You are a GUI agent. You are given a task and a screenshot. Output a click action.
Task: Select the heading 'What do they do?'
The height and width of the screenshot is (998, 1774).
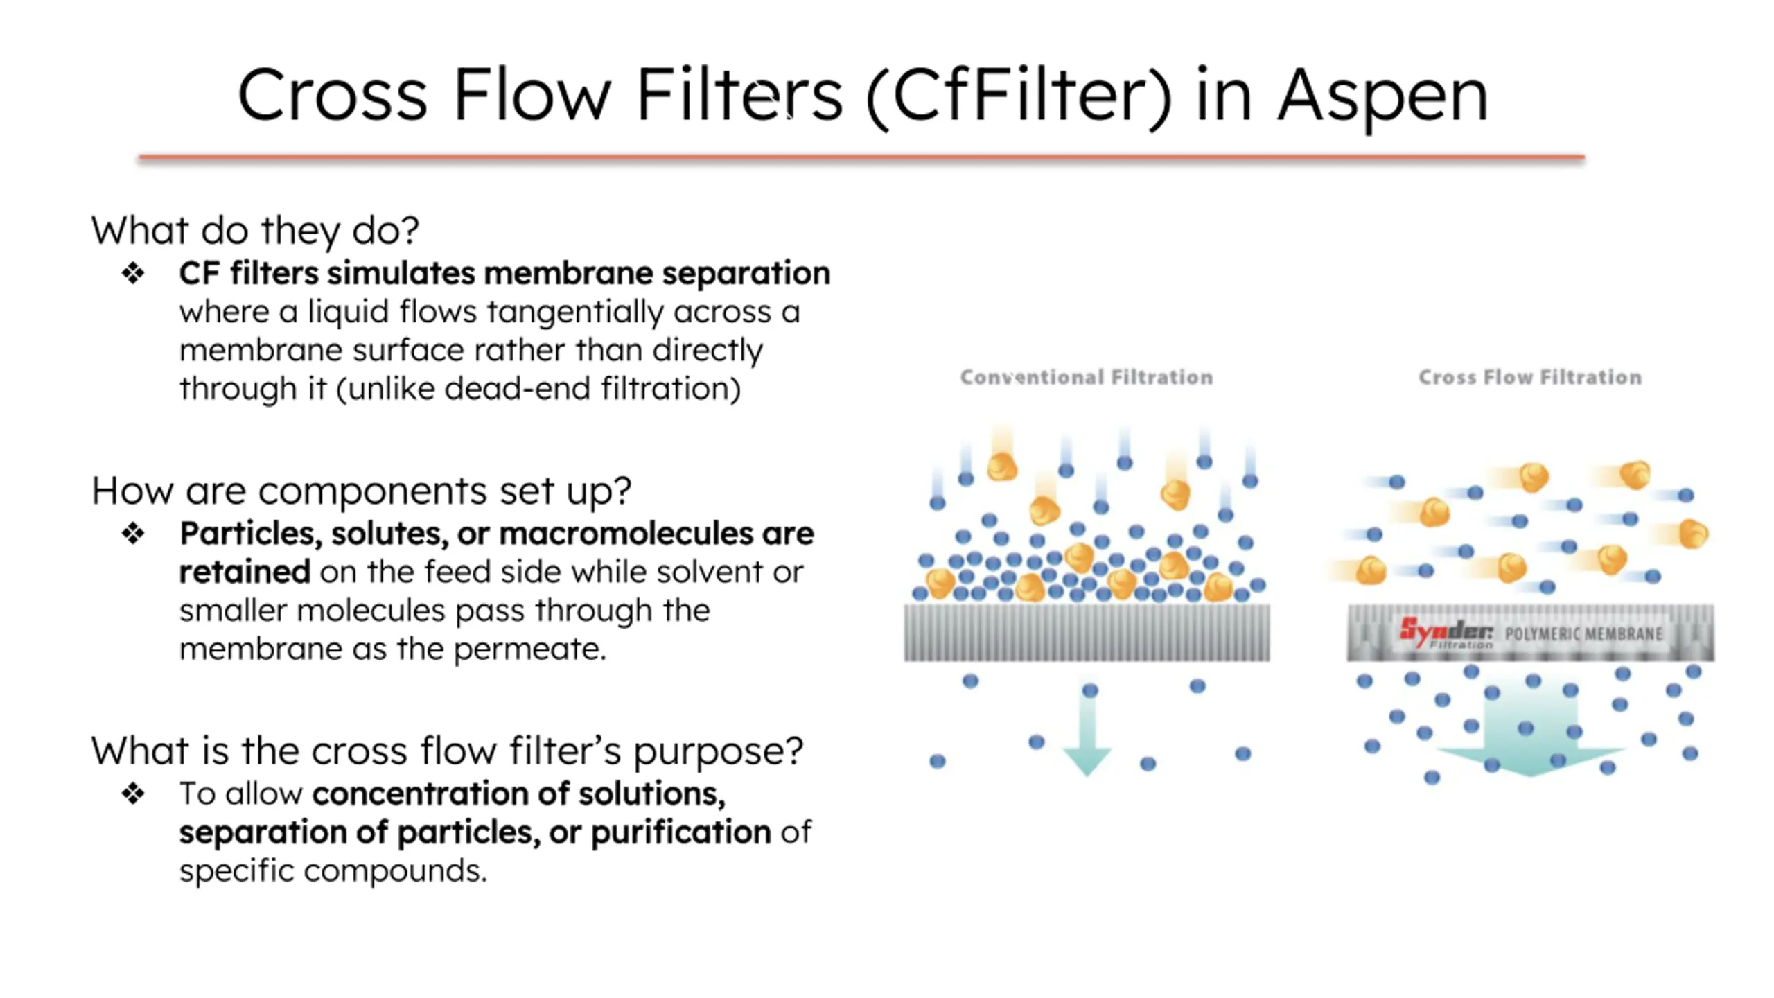[x=255, y=230]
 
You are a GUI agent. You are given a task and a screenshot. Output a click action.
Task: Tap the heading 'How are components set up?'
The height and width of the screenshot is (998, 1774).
[x=361, y=491]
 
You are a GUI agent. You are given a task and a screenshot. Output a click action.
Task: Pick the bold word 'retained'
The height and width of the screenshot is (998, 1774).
[x=245, y=572]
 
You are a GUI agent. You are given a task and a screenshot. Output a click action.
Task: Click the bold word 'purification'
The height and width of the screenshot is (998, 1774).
[x=680, y=832]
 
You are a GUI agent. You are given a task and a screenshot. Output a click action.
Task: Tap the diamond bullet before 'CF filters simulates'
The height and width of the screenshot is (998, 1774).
[x=133, y=274]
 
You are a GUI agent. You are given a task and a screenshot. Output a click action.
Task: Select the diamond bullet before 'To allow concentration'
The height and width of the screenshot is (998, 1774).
[x=133, y=794]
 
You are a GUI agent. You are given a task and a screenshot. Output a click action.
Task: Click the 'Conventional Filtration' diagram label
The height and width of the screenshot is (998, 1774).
[x=1086, y=378]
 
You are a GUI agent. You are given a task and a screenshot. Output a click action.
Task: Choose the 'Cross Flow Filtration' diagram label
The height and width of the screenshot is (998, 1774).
[x=1529, y=378]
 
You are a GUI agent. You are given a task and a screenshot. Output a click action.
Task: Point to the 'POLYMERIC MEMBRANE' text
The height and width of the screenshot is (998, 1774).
[x=1583, y=634]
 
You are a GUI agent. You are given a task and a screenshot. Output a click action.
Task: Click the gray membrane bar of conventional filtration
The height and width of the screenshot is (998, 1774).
[x=1087, y=632]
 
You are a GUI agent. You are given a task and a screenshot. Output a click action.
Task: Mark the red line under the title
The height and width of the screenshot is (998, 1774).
[x=861, y=158]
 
